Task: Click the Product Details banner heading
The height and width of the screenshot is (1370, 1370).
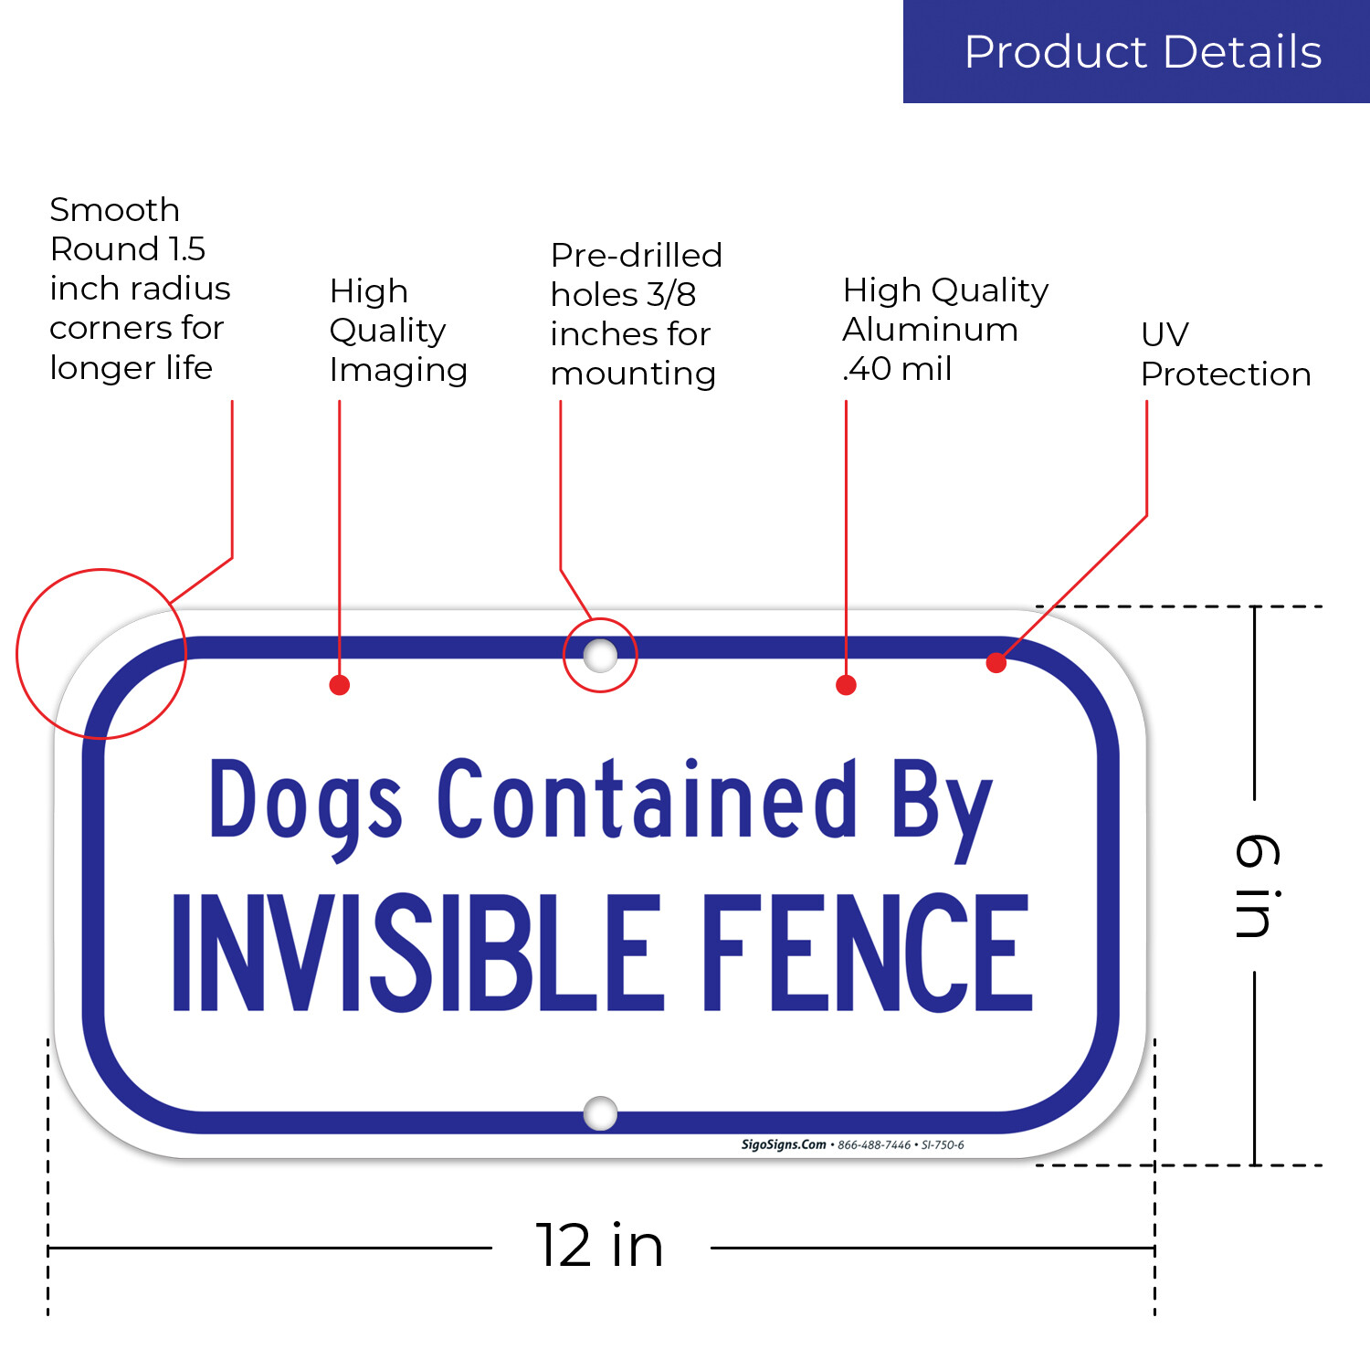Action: [1143, 52]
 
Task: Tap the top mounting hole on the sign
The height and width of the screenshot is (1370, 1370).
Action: [600, 655]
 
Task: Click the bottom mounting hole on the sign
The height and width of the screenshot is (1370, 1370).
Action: [600, 1113]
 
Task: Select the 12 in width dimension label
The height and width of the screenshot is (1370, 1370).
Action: [599, 1245]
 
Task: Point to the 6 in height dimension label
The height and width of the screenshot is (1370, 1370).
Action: [1257, 885]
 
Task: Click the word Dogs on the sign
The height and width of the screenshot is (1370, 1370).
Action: [306, 802]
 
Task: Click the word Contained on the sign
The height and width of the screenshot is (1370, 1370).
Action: [647, 799]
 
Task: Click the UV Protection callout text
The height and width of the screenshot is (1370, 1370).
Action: [1225, 354]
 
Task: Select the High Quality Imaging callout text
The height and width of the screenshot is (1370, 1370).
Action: [397, 331]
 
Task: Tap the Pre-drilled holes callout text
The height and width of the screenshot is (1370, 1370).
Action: [636, 314]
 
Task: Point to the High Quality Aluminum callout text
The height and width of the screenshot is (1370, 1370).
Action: [944, 329]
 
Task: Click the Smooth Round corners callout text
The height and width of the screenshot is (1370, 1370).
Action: [139, 289]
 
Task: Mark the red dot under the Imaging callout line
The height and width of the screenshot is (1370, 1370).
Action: [340, 685]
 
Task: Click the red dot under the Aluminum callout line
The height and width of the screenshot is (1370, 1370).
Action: [847, 685]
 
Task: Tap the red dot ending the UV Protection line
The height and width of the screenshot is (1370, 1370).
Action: [996, 663]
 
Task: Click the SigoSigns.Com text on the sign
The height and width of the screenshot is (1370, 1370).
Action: [784, 1144]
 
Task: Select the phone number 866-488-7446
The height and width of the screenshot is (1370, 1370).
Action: [874, 1145]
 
